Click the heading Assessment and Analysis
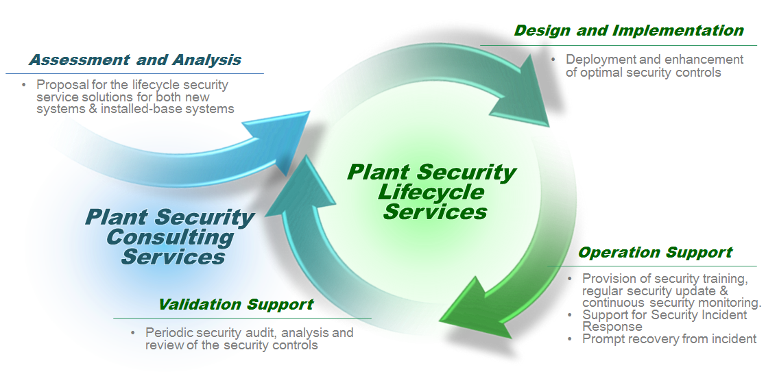134,60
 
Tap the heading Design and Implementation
628,31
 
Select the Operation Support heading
655,253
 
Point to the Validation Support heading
235,305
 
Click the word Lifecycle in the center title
431,192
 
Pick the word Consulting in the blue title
170,238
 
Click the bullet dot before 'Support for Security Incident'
572,315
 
